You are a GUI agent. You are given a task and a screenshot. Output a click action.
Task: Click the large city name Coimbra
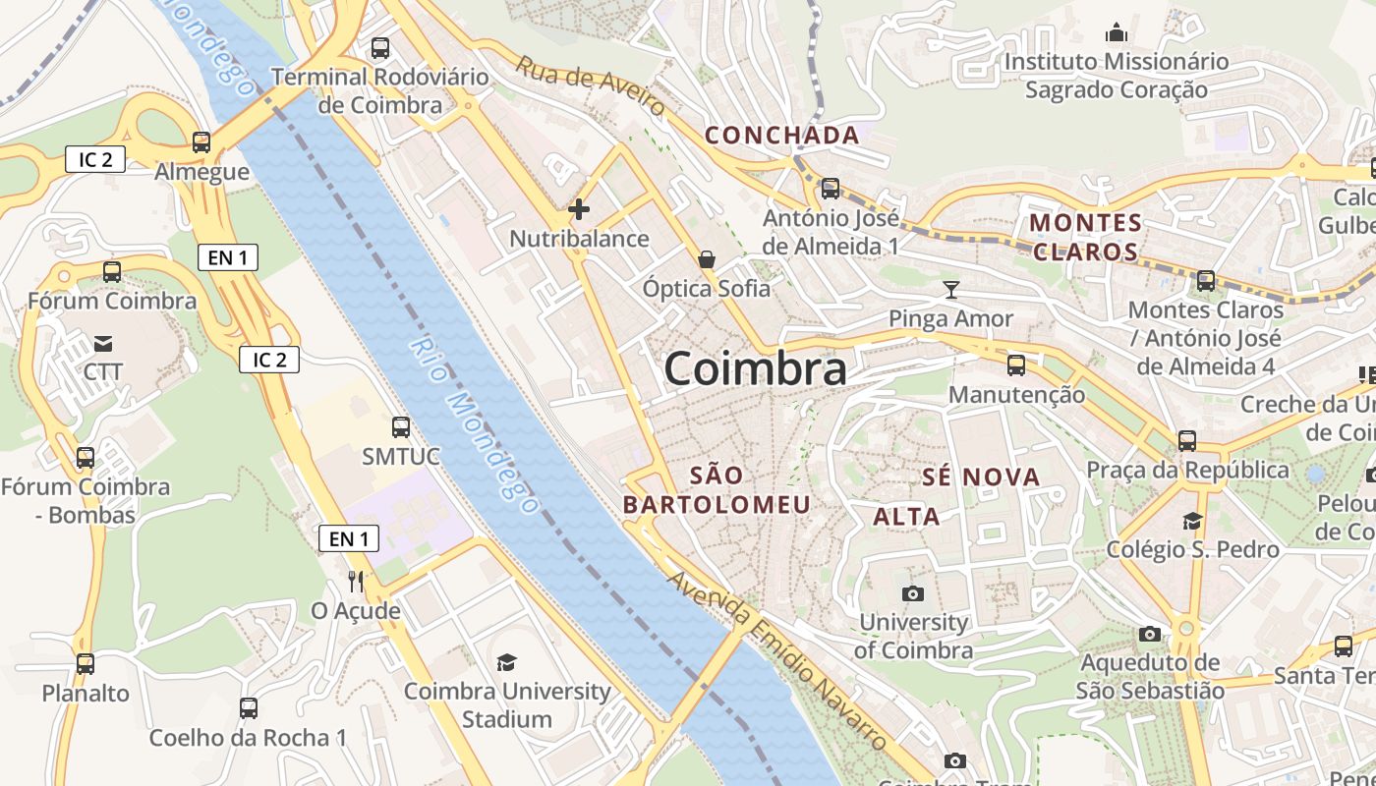click(755, 369)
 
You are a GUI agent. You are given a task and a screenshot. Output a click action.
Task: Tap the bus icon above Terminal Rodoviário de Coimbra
click(380, 47)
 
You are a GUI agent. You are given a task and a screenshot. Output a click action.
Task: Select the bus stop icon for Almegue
click(201, 142)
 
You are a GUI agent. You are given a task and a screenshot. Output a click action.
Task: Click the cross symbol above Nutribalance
click(579, 208)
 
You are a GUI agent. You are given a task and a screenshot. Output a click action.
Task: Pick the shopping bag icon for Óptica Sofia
click(706, 259)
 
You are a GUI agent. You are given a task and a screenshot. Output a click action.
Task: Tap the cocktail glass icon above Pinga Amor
click(950, 289)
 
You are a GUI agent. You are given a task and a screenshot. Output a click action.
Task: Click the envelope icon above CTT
click(103, 344)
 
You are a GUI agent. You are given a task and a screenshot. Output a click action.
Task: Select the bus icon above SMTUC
click(400, 427)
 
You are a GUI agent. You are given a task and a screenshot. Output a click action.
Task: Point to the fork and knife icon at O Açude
click(356, 582)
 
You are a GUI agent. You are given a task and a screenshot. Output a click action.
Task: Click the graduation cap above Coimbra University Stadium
click(506, 662)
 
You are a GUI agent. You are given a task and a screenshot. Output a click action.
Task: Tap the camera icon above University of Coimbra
click(912, 593)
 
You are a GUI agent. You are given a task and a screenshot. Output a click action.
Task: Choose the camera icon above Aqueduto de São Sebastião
click(1149, 634)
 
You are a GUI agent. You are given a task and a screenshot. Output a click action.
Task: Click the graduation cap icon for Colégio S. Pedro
click(1192, 521)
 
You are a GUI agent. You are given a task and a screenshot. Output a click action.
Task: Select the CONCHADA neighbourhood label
click(782, 135)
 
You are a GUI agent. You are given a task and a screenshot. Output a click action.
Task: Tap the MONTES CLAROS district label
click(1085, 237)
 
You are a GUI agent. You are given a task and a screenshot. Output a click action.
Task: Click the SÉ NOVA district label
click(981, 477)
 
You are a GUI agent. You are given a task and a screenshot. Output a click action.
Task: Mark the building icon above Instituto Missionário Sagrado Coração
click(1116, 33)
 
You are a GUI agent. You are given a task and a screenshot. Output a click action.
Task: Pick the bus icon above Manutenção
click(1016, 365)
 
